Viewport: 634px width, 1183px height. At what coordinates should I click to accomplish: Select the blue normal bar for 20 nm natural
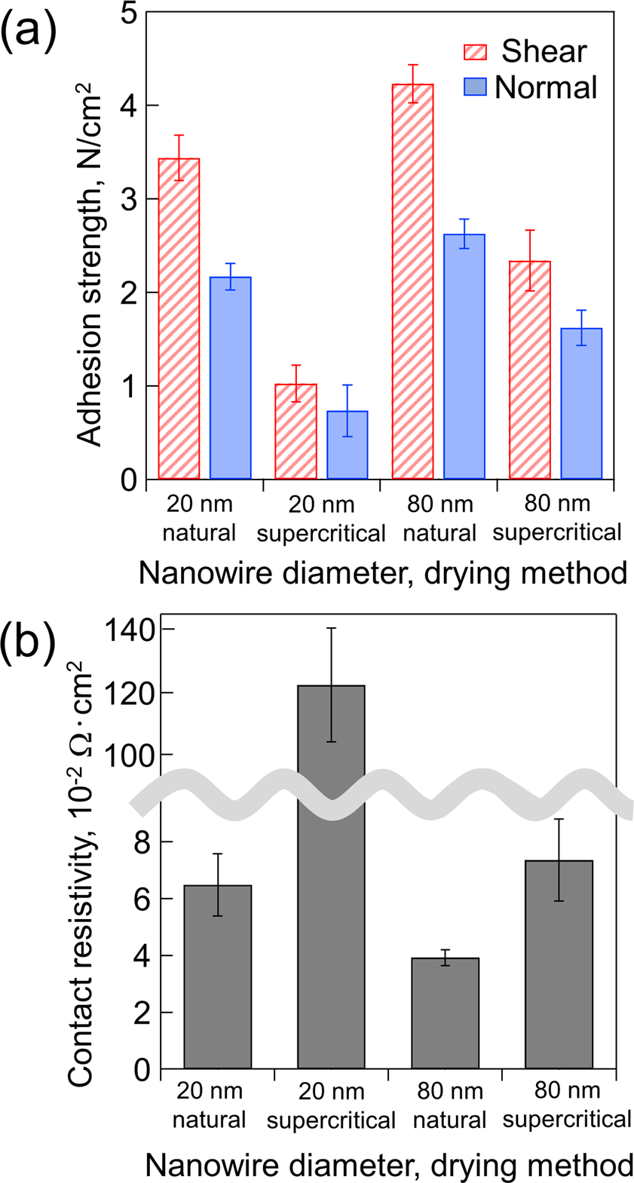pyautogui.click(x=230, y=378)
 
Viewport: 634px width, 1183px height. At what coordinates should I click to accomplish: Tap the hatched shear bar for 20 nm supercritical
pyautogui.click(x=296, y=431)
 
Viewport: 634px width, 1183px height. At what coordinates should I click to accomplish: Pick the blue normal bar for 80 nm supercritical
pyautogui.click(x=581, y=403)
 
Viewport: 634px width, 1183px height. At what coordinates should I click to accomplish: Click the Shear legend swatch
pyautogui.click(x=474, y=52)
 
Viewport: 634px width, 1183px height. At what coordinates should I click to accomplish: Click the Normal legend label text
pyautogui.click(x=546, y=87)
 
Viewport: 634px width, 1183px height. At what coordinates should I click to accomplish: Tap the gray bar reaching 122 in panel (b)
pyautogui.click(x=331, y=875)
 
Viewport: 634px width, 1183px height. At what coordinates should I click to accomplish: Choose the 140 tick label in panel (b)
pyautogui.click(x=130, y=630)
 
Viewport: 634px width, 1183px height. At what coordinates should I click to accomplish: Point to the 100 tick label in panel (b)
pyautogui.click(x=130, y=755)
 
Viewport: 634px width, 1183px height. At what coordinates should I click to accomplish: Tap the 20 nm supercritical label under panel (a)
pyautogui.click(x=321, y=519)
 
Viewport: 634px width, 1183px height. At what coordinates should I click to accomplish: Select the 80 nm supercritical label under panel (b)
pyautogui.click(x=567, y=1105)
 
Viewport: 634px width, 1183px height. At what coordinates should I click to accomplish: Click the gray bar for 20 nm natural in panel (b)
pyautogui.click(x=217, y=976)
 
